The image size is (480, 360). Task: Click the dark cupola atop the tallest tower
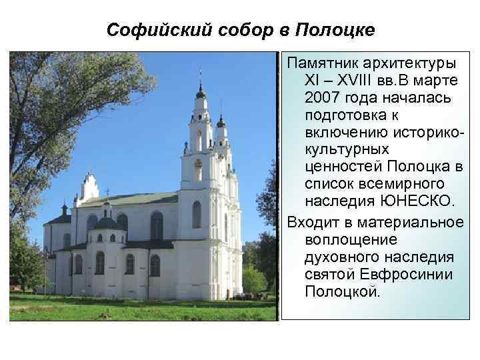click(200, 91)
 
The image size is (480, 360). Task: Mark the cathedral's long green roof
click(140, 199)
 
